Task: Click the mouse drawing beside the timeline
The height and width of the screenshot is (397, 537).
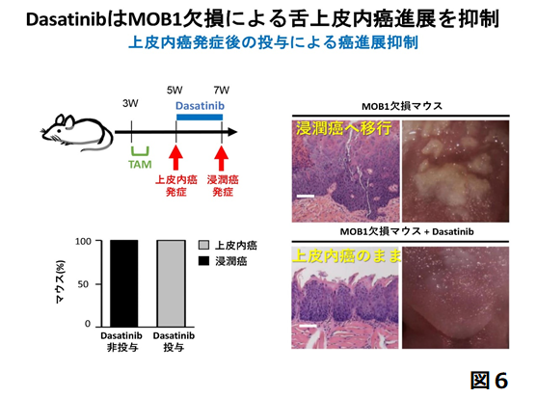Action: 76,133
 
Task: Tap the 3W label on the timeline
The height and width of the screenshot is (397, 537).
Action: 130,103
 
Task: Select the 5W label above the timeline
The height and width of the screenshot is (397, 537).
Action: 175,90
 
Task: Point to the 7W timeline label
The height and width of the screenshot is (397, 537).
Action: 221,90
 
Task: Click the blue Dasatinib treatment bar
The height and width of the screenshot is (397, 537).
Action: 200,118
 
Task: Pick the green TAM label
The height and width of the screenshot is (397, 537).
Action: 140,165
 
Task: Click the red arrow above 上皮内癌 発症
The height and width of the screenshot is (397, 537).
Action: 176,157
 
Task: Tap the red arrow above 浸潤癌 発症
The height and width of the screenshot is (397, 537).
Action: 222,157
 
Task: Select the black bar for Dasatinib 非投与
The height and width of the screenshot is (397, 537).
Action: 124,283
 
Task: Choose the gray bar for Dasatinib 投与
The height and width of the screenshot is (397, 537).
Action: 172,283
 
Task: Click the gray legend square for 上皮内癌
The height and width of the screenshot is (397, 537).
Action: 203,245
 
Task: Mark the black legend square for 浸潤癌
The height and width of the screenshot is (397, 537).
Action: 203,261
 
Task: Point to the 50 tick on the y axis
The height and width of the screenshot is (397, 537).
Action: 83,284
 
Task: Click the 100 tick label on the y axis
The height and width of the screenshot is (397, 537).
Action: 83,241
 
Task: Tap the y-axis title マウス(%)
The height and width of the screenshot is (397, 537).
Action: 61,282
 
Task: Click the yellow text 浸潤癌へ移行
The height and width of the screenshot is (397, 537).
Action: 344,128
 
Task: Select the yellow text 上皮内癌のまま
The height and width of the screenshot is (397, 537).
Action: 346,255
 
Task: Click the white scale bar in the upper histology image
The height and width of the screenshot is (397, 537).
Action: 306,197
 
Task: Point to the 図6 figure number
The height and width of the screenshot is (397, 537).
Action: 489,380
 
